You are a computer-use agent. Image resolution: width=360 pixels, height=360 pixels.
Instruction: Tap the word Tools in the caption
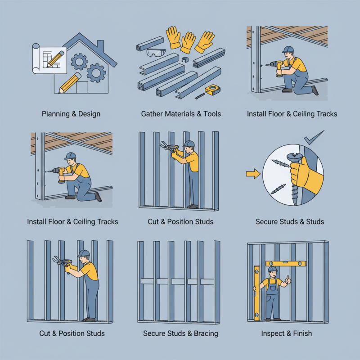click(210, 114)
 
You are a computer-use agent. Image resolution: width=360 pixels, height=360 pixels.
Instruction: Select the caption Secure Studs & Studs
click(290, 221)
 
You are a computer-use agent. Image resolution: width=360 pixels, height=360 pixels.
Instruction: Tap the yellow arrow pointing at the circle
click(253, 172)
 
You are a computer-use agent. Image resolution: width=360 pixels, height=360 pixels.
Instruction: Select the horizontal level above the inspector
click(286, 263)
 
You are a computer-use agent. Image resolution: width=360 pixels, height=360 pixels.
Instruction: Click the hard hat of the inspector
click(272, 269)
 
